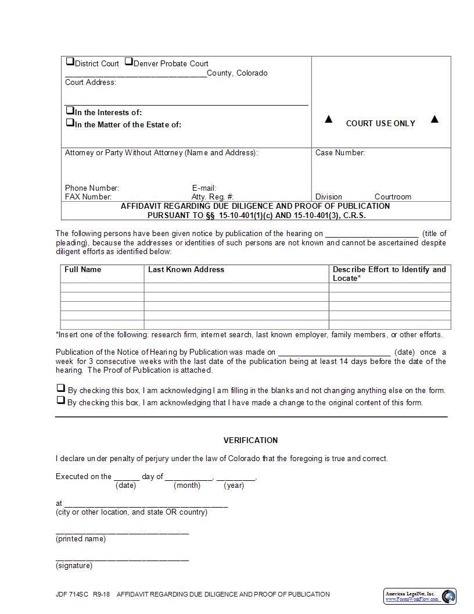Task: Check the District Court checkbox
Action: (70, 62)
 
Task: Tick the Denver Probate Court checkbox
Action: (129, 62)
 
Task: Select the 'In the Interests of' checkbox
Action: (70, 110)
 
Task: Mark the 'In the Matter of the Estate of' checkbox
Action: (70, 123)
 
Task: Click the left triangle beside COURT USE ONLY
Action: (329, 120)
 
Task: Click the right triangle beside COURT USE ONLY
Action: (435, 120)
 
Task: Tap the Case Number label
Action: (340, 153)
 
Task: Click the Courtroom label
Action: (393, 197)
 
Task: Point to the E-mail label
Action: (204, 188)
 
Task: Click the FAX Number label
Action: (88, 197)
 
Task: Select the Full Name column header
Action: (82, 270)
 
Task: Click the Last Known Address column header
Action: (186, 270)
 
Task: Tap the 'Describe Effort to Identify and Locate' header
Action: (389, 274)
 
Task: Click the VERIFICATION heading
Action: (250, 440)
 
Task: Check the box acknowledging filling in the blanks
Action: (60, 388)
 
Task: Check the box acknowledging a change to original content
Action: (60, 401)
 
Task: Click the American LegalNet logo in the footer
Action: (420, 596)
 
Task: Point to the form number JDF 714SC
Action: (71, 594)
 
